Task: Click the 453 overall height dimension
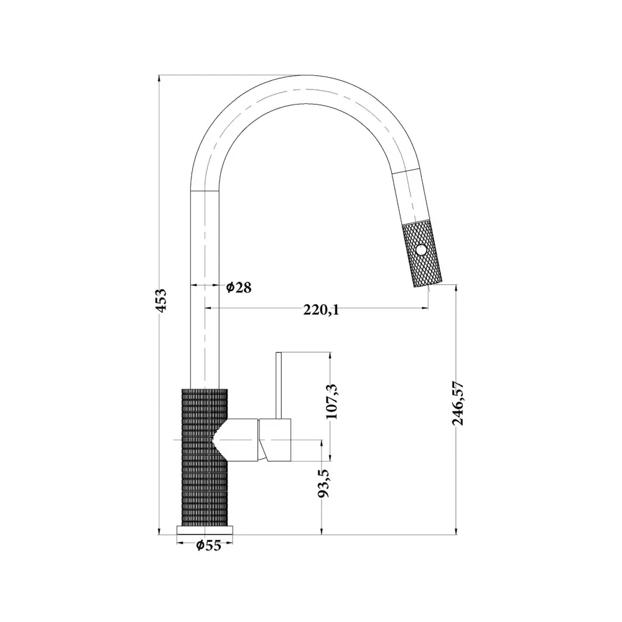162,300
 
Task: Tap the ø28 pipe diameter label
239,287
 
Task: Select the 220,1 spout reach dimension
322,309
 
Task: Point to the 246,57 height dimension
458,403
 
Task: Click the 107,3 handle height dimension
331,401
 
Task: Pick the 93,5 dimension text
323,483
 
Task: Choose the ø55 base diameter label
208,545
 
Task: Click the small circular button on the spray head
421,250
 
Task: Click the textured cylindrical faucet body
205,457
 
